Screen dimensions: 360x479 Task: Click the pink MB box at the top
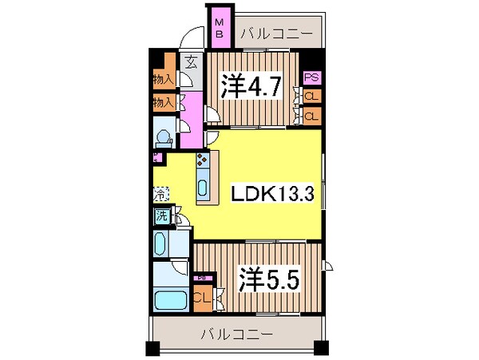click(x=219, y=28)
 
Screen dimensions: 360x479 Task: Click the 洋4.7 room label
click(x=251, y=86)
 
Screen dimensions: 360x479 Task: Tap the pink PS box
click(x=311, y=79)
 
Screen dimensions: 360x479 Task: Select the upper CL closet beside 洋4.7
click(x=311, y=97)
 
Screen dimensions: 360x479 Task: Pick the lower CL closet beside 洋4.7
click(x=311, y=115)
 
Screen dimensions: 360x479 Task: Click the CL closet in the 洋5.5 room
click(x=203, y=299)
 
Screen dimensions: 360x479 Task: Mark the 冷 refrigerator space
click(x=160, y=193)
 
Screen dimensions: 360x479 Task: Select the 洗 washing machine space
click(x=162, y=215)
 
